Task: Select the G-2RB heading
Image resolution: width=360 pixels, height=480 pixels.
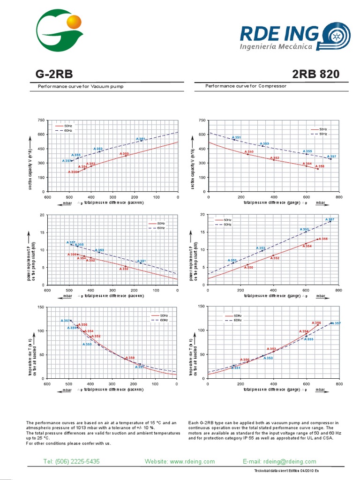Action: coord(54,74)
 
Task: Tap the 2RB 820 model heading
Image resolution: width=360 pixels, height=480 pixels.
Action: coord(315,74)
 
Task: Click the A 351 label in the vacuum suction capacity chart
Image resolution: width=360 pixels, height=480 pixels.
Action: coord(141,139)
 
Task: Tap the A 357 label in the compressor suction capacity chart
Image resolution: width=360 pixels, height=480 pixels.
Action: coord(331,156)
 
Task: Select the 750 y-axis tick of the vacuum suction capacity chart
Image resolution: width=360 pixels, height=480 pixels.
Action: coord(41,120)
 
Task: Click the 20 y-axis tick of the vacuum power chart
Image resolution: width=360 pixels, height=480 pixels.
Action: coord(43,215)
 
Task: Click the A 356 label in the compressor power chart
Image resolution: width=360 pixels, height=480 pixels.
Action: coord(323,239)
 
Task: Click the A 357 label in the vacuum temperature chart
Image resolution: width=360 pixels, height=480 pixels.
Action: coord(65,320)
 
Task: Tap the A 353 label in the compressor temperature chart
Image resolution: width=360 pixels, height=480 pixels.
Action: coord(268,358)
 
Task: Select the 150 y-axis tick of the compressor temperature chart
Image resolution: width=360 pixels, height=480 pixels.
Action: coord(202,307)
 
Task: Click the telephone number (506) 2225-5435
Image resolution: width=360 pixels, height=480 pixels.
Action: coord(71,462)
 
